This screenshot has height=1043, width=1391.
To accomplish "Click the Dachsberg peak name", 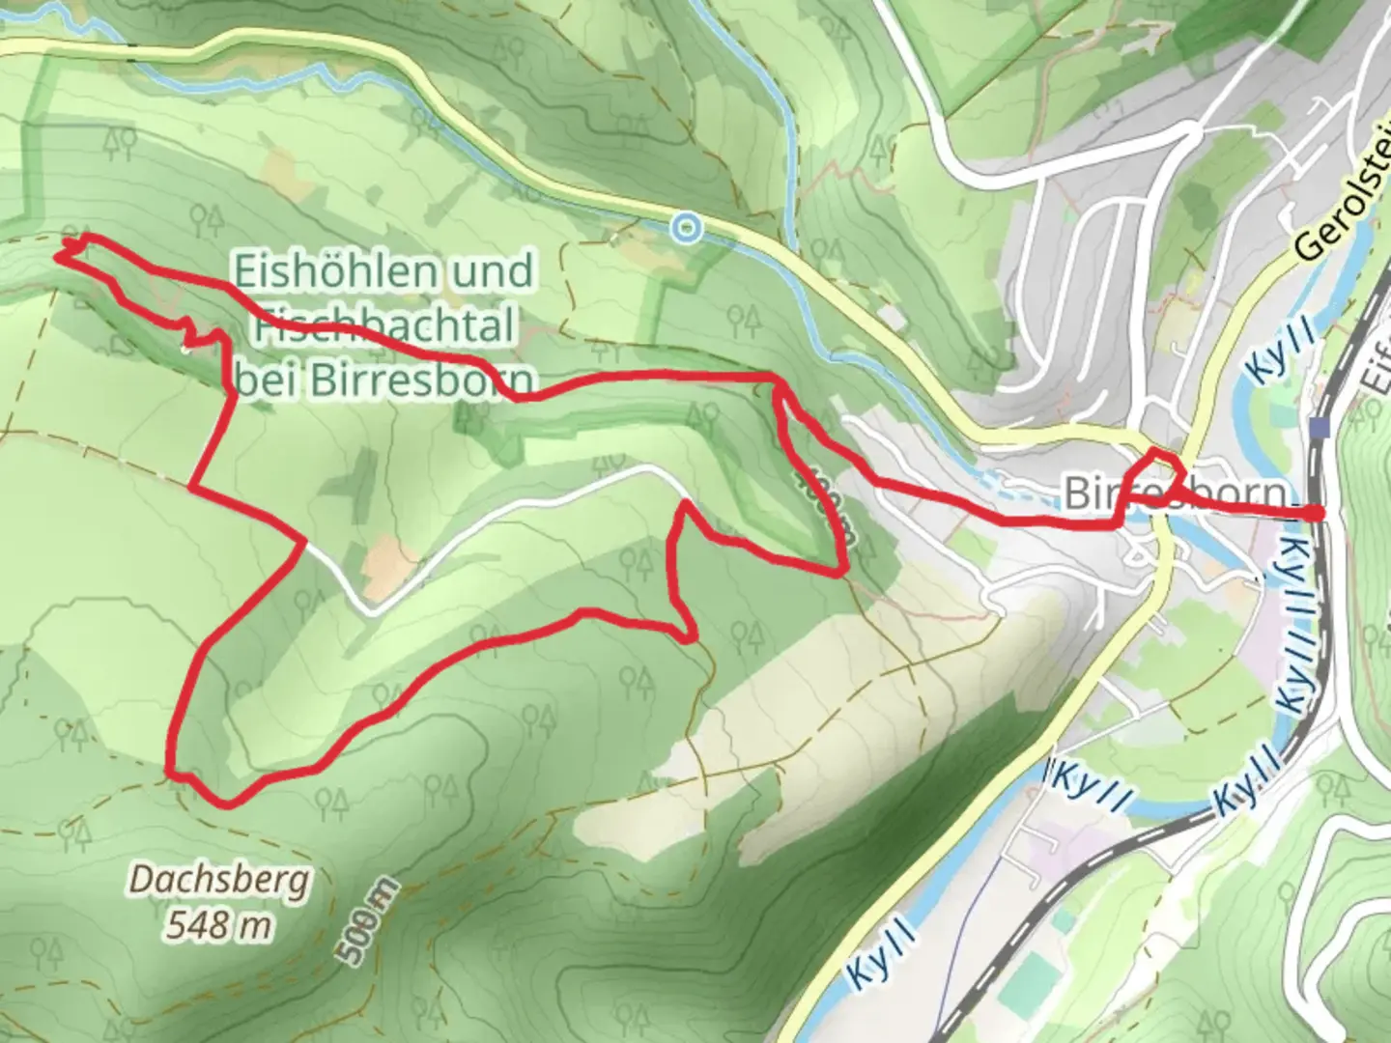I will point(221,881).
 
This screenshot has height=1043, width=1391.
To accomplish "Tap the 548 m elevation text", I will point(218,925).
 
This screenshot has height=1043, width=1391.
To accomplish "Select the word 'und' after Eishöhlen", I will point(496,271).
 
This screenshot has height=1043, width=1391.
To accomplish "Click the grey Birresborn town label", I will point(1177,493).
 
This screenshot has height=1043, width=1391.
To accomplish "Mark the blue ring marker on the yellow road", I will point(686,228).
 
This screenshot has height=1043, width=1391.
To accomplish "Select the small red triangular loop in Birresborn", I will point(1163,473).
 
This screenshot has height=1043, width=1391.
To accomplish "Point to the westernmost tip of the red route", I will point(60,255).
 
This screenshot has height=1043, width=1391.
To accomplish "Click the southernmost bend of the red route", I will point(228,802).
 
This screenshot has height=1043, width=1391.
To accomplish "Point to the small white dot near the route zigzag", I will point(185,348).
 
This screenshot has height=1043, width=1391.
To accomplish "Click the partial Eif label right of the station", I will point(1376,377).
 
